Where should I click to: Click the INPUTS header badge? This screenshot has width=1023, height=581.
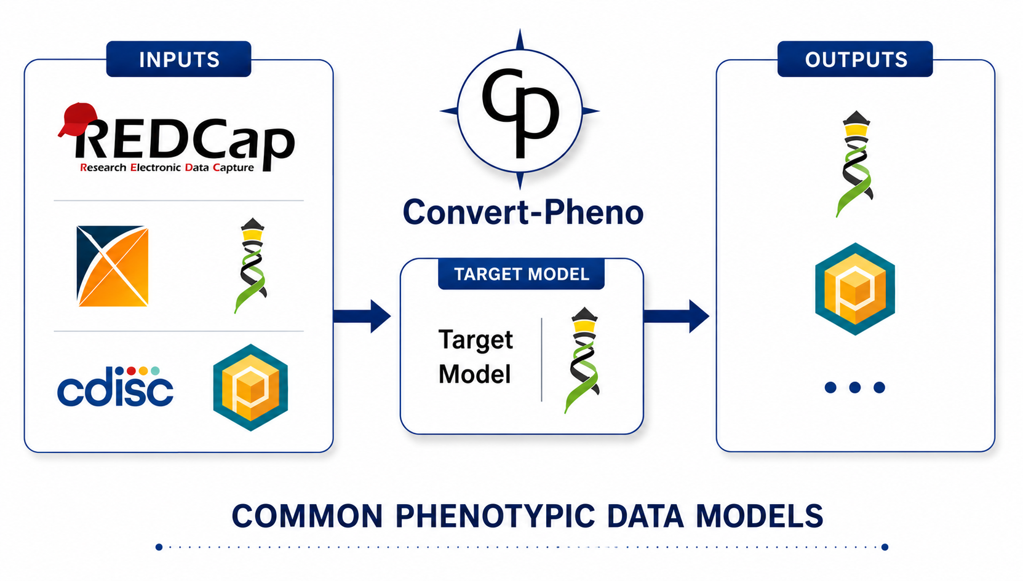(178, 59)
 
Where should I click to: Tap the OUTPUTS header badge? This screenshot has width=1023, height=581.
(855, 59)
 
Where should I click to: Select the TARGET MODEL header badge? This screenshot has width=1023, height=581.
(521, 274)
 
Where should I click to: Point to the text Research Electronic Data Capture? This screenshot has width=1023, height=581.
(167, 167)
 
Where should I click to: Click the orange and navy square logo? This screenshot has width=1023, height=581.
(113, 266)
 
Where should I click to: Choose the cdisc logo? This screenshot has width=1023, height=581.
(115, 386)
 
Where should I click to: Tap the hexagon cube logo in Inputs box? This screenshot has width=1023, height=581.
(250, 387)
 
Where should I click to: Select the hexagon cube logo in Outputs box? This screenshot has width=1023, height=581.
(855, 289)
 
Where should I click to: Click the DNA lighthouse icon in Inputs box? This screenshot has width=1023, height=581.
(252, 266)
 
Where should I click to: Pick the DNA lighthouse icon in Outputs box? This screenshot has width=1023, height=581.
(856, 164)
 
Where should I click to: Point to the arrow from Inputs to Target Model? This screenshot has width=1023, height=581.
(362, 316)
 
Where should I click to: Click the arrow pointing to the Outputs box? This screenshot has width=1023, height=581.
(676, 316)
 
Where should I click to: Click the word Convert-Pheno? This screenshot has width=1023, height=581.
(523, 212)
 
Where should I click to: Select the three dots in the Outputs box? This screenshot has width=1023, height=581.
(855, 387)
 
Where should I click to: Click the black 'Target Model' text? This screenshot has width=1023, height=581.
(476, 357)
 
